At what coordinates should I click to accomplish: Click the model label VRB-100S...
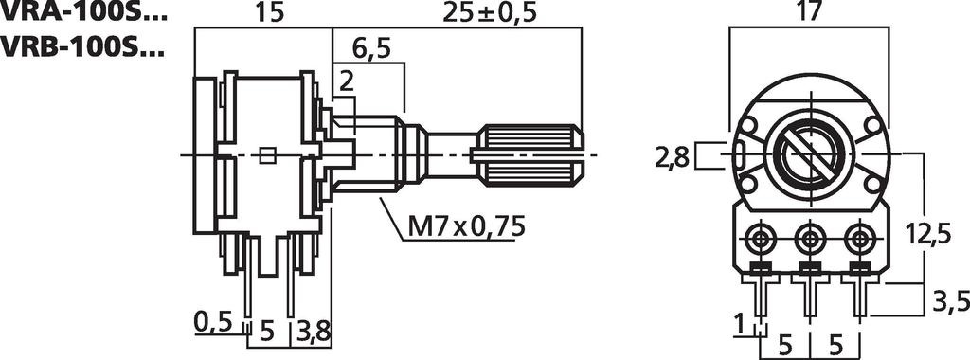[x=83, y=45]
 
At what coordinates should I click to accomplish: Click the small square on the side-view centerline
[x=268, y=155]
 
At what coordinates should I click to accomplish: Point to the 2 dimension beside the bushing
[x=347, y=83]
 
